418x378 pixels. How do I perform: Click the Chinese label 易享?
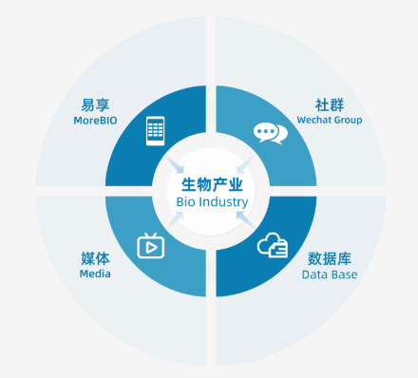[95, 104]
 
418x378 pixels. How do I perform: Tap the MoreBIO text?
[95, 121]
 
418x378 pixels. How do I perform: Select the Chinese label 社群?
[330, 104]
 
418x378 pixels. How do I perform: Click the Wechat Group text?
[330, 121]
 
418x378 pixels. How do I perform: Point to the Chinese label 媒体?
[95, 258]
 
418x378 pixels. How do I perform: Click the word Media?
[95, 274]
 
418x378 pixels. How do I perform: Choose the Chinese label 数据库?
[330, 258]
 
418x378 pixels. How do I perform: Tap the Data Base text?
[330, 274]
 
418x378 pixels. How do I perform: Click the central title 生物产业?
[212, 185]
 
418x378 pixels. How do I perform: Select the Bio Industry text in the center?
[212, 202]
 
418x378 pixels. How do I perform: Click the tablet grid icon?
[155, 131]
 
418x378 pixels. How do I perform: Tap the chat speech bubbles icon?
[271, 133]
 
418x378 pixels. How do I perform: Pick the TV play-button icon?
[151, 245]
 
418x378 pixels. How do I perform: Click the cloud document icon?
[273, 245]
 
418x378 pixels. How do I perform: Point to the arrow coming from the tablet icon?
[175, 164]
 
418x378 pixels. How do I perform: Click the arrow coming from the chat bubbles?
[245, 164]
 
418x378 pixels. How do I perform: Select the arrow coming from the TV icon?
[176, 219]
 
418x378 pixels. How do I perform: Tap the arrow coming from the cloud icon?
[245, 219]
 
